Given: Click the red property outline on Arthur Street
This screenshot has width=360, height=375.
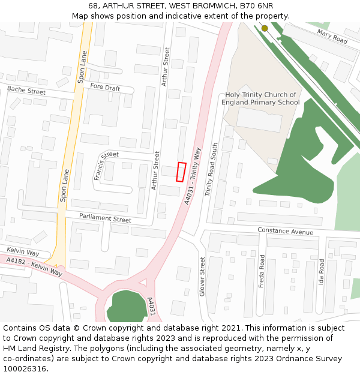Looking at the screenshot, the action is pyautogui.click(x=181, y=172).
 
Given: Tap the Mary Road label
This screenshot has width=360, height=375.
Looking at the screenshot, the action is pyautogui.click(x=332, y=37).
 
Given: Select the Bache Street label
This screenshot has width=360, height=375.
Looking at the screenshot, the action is pyautogui.click(x=26, y=91).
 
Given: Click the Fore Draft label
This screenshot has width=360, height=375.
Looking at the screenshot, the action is pyautogui.click(x=105, y=88).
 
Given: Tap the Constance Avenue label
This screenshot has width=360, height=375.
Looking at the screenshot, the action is pyautogui.click(x=285, y=231).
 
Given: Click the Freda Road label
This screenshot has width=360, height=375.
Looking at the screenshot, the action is pyautogui.click(x=262, y=271).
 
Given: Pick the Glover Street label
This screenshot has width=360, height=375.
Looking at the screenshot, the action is pyautogui.click(x=202, y=276).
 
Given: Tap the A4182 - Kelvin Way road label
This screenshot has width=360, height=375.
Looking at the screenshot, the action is pyautogui.click(x=34, y=267).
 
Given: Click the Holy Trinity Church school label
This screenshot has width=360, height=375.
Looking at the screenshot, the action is pyautogui.click(x=260, y=98).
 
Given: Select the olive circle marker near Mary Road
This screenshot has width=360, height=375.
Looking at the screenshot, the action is pyautogui.click(x=265, y=28).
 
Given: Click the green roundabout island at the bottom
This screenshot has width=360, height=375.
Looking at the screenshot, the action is pyautogui.click(x=127, y=305).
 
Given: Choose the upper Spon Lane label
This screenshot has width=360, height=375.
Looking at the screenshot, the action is pyautogui.click(x=82, y=66).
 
